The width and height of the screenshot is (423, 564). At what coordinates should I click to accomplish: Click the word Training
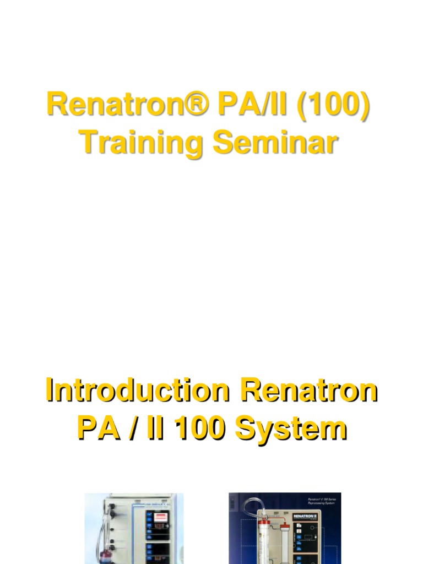coord(138,143)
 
